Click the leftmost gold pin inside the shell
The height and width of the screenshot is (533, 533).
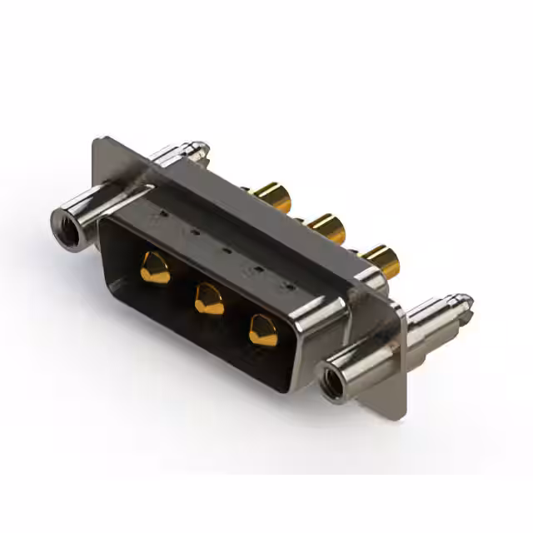153,268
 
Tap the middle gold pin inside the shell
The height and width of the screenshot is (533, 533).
208,298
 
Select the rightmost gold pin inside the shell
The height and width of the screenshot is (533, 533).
263,330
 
